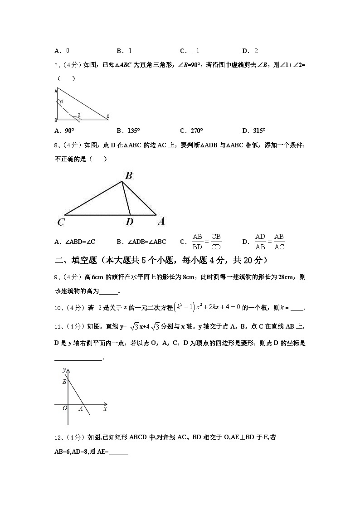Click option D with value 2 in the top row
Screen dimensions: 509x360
250,51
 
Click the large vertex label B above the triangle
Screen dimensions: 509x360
128,176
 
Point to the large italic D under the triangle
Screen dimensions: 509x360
129,222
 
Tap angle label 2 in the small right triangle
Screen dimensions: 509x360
79,115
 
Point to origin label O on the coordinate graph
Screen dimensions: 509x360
65,408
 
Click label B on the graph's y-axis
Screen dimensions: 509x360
64,382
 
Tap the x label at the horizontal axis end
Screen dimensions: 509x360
105,409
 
